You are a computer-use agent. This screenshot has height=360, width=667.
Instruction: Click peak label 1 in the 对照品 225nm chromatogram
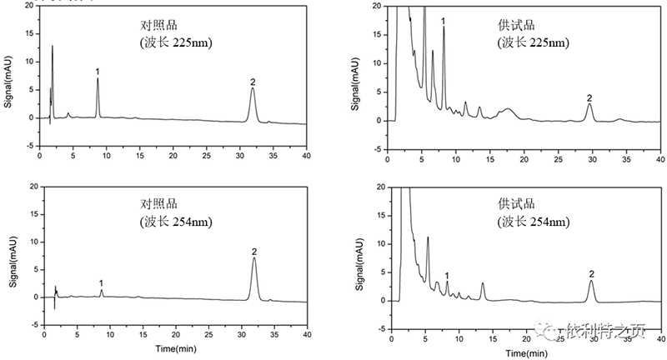coord(98,71)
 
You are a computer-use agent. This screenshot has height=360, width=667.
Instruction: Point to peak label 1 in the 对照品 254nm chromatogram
coord(101,282)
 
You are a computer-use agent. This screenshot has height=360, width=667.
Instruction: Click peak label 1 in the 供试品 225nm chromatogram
coord(444,20)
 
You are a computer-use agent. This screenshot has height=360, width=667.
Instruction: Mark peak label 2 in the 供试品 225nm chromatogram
coord(589,97)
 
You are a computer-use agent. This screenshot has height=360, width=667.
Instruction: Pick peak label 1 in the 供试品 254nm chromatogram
coord(447,275)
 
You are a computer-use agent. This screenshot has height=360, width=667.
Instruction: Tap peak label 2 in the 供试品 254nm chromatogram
coord(591,273)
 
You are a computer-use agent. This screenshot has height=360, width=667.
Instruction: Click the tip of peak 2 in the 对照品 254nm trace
coord(254,258)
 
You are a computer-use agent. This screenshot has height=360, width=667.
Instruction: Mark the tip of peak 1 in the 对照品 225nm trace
coord(98,78)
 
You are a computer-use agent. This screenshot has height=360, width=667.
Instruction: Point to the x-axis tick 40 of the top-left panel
coord(307,156)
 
